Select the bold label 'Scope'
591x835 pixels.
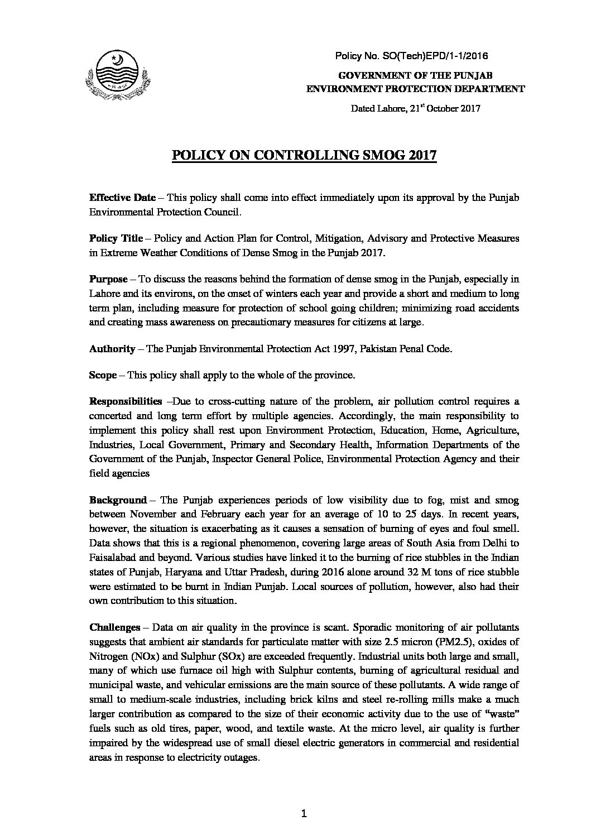(x=102, y=375)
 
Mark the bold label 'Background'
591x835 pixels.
(x=118, y=500)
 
